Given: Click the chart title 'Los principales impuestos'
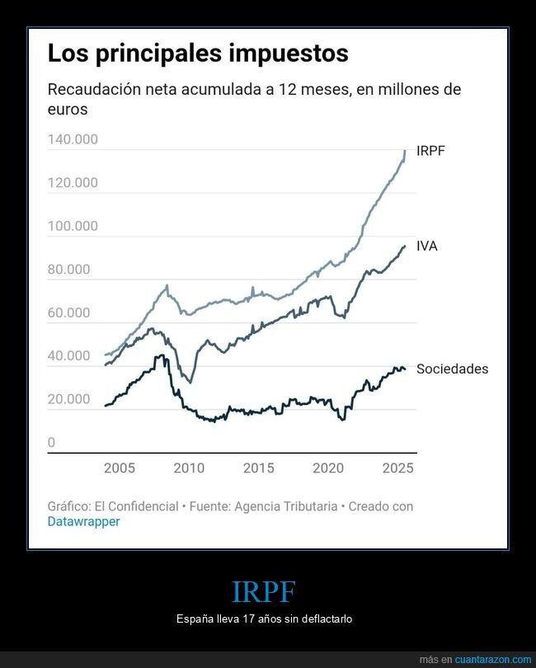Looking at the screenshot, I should coord(198,54).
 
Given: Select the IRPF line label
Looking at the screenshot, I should coord(430,151).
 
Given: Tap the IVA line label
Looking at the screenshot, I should coord(426,246).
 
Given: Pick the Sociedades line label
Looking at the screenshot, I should coord(452,369).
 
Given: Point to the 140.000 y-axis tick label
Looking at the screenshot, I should coord(73,139).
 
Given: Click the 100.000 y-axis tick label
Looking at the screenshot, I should coord(73,226).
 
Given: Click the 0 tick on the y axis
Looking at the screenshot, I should coord(51,443).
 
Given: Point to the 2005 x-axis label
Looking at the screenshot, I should coord(120,468).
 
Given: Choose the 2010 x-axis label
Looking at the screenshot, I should coord(189,468).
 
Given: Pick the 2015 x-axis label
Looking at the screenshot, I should coord(258,468).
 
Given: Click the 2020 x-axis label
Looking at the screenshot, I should coord(328,468).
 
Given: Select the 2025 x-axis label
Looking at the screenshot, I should coord(397,468).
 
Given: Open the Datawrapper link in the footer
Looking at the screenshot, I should coord(83,522).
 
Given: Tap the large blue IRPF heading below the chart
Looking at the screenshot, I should coord(264,592).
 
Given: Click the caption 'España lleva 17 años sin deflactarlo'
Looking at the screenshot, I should coord(265,619).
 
